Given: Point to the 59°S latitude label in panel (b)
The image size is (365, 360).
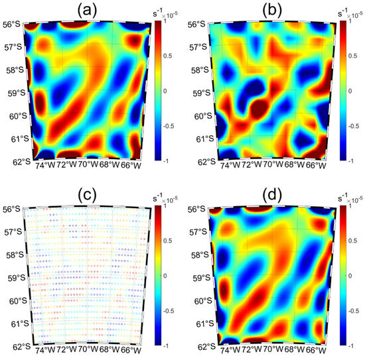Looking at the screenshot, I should (196, 93).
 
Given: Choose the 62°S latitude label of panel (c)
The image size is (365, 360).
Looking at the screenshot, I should (11, 346).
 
